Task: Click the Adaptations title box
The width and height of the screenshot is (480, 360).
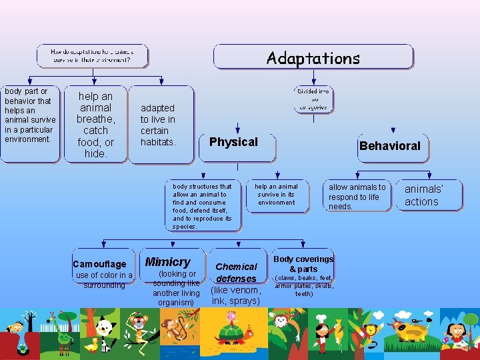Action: point(313,57)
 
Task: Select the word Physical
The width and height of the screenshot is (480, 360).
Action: point(233,142)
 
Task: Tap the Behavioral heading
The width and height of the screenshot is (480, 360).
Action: point(389,146)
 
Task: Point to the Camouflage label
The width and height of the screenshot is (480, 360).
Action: point(99,264)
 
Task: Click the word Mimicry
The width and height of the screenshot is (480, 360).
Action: point(167,262)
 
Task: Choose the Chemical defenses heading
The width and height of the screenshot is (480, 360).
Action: point(236,273)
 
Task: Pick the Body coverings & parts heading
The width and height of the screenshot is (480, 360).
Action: point(303,264)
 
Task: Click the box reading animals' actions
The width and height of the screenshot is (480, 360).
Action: point(423,195)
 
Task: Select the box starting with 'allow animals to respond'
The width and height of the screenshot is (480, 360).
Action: point(357,197)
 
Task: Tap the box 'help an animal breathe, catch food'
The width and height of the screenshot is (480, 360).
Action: point(95,125)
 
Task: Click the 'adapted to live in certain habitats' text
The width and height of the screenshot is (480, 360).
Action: point(158,125)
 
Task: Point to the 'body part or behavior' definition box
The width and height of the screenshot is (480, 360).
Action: point(29,125)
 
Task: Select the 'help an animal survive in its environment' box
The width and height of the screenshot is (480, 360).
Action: point(277,195)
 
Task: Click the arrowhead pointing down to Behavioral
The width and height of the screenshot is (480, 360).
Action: point(393,131)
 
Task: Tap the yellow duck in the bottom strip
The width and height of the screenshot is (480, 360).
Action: point(91,345)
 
